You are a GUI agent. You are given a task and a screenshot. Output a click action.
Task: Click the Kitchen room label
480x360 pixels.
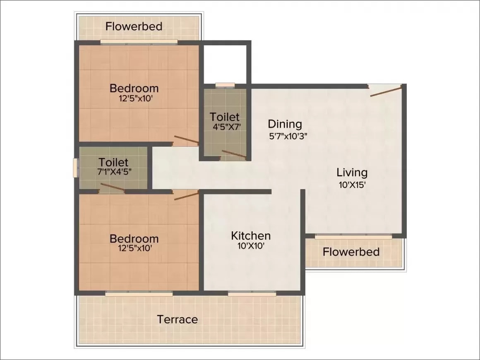251,236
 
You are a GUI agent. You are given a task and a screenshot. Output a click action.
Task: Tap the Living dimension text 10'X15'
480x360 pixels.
351,185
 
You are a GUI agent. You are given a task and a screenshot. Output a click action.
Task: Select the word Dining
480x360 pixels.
285,124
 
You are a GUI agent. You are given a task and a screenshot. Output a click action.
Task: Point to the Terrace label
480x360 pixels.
177,319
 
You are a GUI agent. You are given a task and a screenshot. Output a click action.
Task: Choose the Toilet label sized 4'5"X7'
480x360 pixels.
224,116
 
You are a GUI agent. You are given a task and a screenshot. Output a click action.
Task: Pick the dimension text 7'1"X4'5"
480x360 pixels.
113,172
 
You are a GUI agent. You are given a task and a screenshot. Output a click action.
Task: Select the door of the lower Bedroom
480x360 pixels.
186,195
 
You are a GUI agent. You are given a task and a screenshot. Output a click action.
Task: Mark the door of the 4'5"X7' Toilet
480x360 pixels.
234,155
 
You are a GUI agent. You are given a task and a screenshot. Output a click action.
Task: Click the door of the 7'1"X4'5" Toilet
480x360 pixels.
112,188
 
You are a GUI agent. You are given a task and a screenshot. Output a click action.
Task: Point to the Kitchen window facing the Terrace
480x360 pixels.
252,293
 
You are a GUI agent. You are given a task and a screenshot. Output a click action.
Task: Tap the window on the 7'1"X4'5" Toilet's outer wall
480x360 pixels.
76,168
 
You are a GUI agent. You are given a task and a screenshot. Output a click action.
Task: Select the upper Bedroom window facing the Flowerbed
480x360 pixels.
139,42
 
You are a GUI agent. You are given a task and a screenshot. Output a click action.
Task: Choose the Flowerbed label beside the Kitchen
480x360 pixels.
351,252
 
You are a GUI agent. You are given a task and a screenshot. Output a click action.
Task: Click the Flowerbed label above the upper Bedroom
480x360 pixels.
134,26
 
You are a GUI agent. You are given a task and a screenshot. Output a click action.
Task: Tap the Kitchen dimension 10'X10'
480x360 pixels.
251,245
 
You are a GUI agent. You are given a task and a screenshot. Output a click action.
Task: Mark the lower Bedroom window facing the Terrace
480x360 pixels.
139,293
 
